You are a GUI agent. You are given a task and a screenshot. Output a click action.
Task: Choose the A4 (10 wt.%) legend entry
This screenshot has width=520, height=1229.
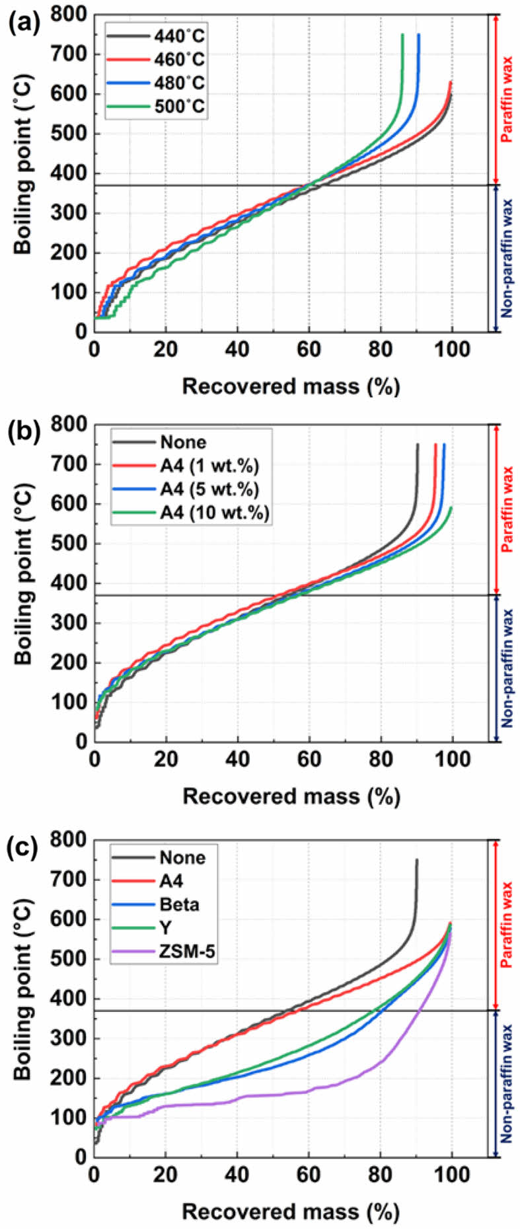[x=192, y=513]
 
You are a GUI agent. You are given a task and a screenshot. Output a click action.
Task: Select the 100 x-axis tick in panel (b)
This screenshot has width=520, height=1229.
[x=452, y=759]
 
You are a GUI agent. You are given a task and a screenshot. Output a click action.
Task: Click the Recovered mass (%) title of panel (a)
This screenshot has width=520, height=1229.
[x=291, y=386]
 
